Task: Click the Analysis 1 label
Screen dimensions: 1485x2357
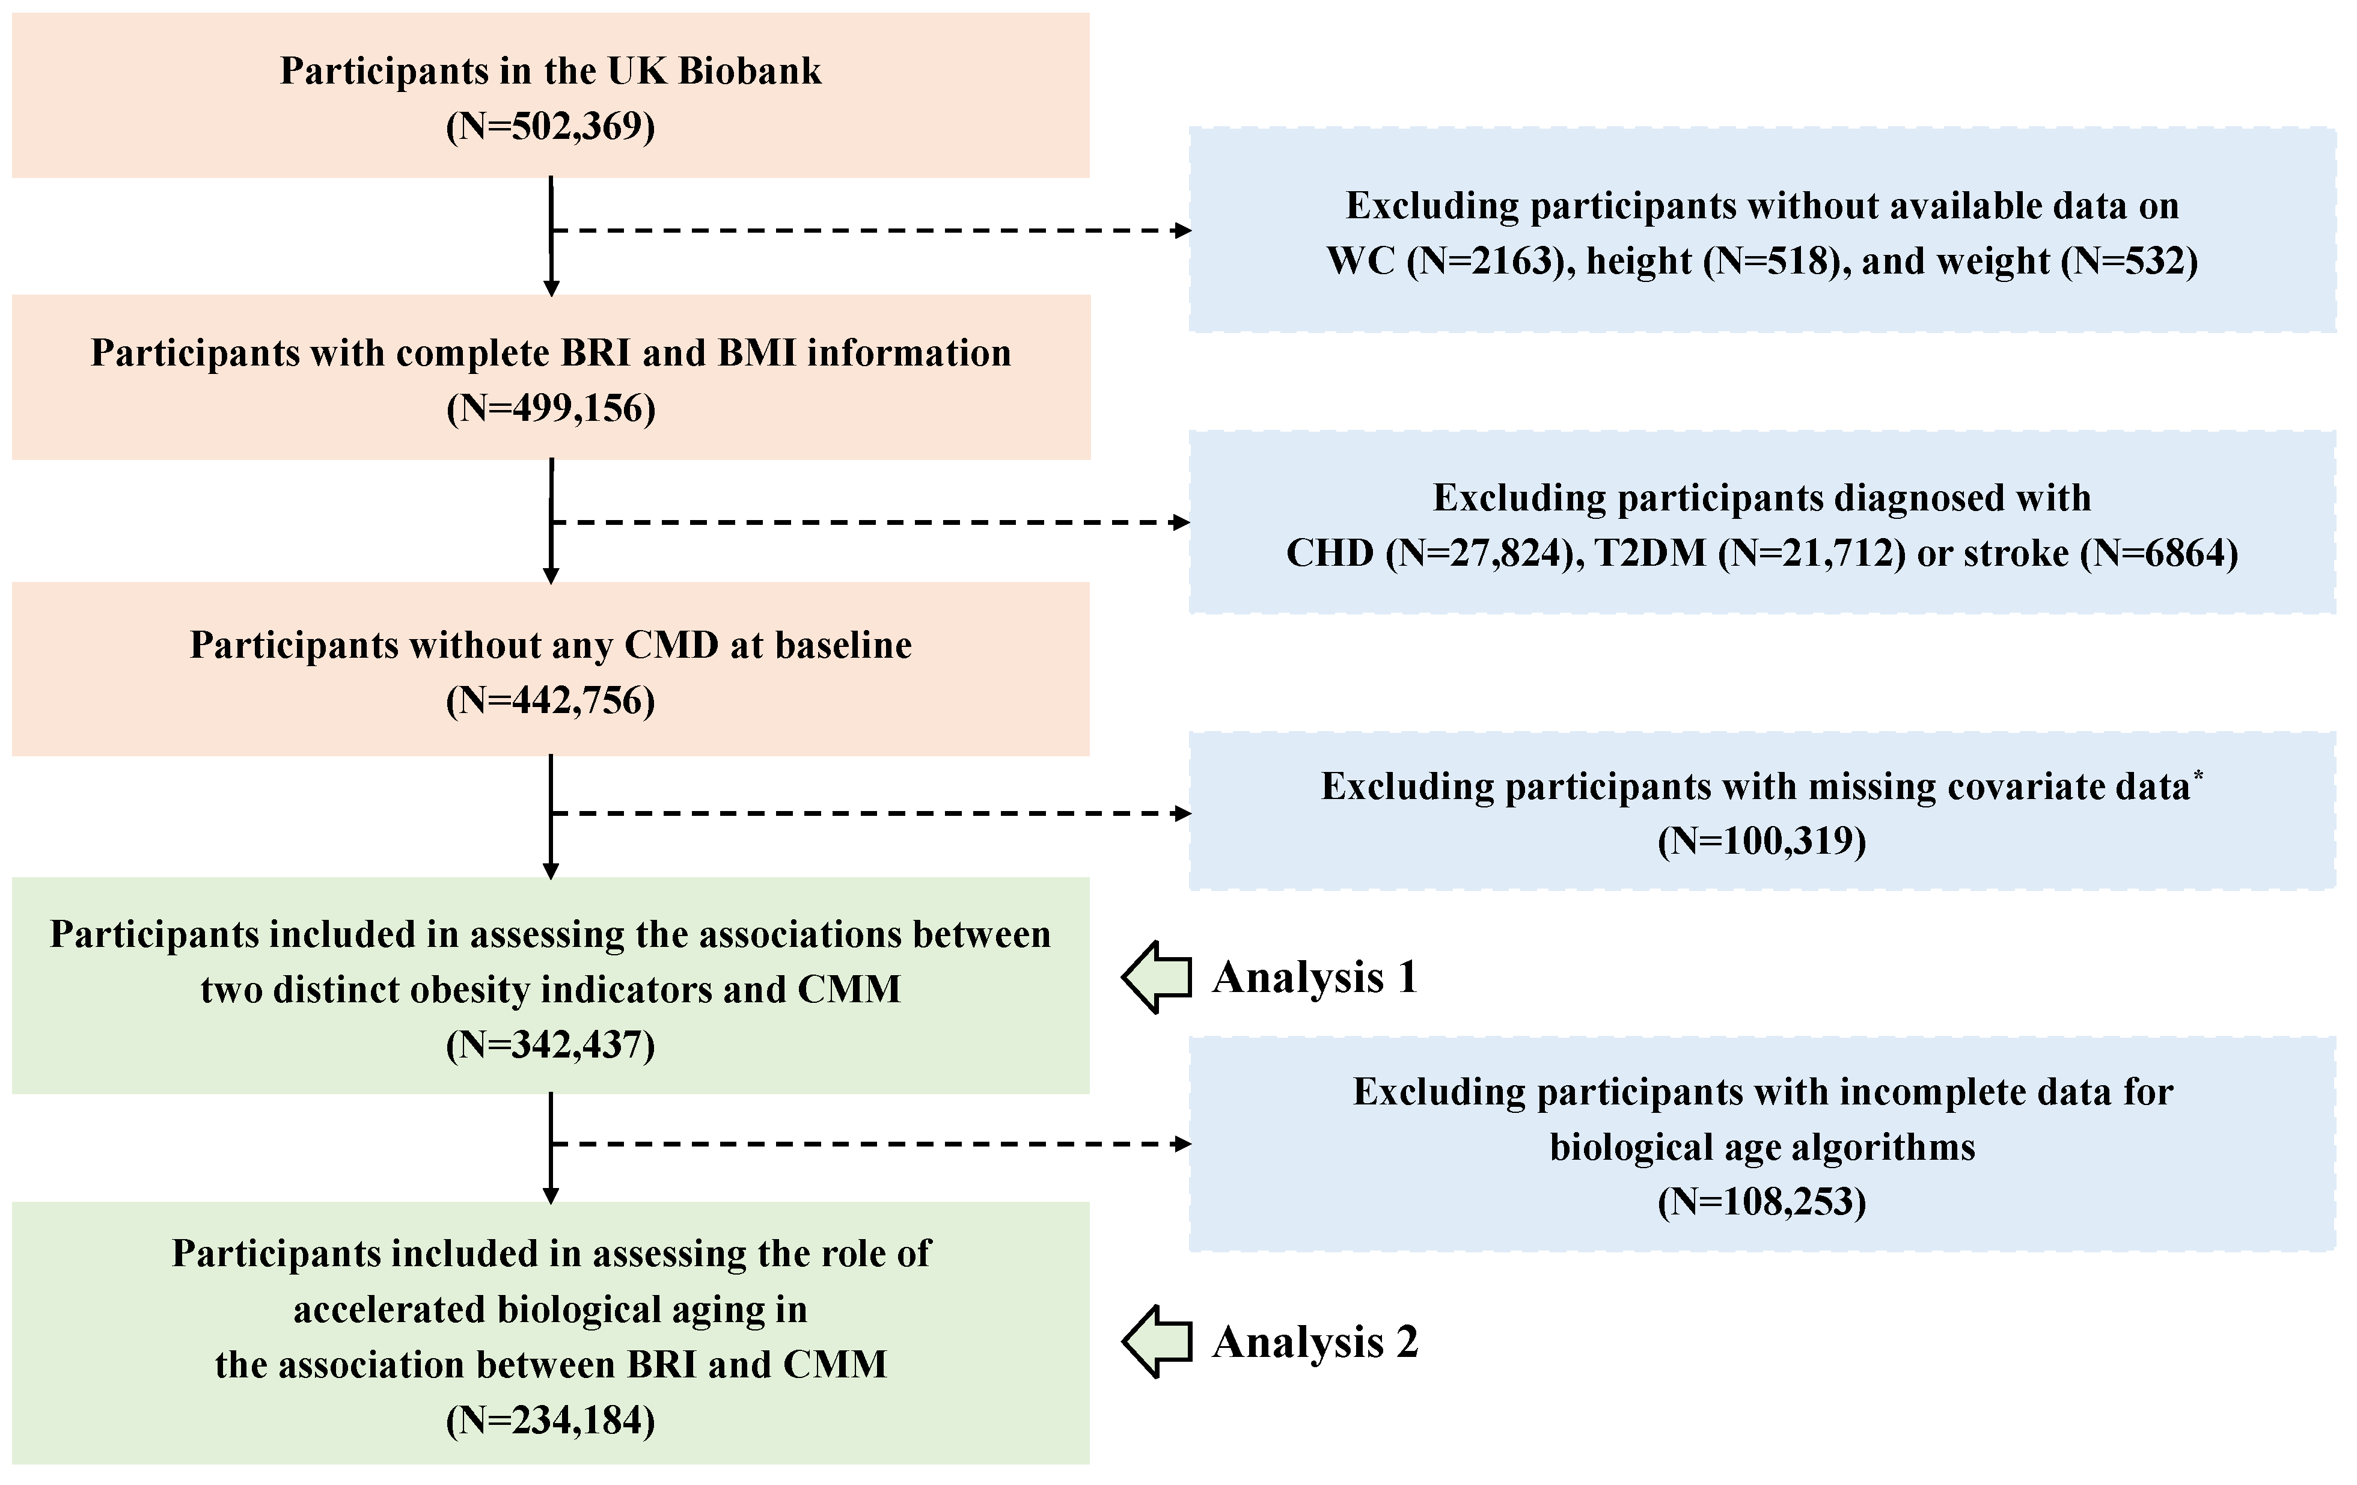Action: (x=1315, y=977)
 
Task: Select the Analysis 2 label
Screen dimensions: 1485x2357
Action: (x=1315, y=1342)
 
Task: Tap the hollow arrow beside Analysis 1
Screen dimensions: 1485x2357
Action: (x=1156, y=977)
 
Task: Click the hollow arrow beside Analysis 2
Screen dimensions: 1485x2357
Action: (x=1156, y=1342)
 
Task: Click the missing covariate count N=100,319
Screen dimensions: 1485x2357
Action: (x=1762, y=842)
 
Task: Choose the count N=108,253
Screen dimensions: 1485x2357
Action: (x=1762, y=1202)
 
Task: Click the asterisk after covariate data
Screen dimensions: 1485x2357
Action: (x=2198, y=776)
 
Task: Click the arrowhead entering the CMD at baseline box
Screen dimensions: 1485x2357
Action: (x=551, y=577)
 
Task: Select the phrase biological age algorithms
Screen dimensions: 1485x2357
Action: (x=1762, y=1147)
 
